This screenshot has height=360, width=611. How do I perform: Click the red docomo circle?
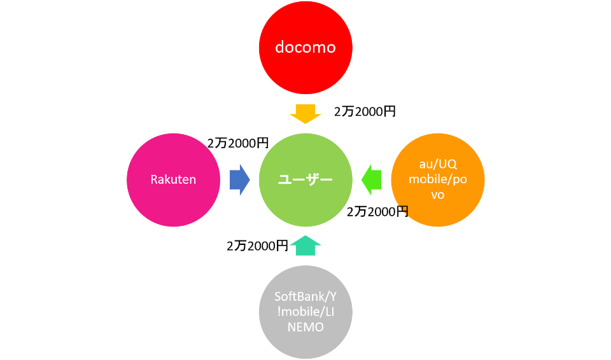[x=305, y=48]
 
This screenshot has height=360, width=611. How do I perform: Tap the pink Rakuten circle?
[x=173, y=179]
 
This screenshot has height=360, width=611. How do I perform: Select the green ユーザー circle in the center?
[x=305, y=179]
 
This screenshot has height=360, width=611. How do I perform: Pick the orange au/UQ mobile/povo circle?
[x=438, y=179]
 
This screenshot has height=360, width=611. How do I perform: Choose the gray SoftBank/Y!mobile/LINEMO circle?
[x=305, y=312]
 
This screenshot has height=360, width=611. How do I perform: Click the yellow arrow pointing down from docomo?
[x=305, y=114]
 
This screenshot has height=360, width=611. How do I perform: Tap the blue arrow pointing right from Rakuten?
[x=239, y=179]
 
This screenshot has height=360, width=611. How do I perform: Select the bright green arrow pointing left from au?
[x=372, y=179]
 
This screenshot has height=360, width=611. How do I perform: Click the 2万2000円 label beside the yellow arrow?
[x=365, y=111]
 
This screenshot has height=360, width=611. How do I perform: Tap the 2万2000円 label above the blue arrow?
[x=238, y=144]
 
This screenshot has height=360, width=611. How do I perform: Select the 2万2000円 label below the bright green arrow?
[x=377, y=212]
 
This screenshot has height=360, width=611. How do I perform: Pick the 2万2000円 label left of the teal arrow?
[x=257, y=246]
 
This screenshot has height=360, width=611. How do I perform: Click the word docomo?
[x=305, y=48]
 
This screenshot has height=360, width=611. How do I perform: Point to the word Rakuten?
[x=173, y=179]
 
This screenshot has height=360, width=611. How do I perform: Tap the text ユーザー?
[x=305, y=179]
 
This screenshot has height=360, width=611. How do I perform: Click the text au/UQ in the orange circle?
[x=438, y=164]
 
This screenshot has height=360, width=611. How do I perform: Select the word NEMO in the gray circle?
[x=305, y=328]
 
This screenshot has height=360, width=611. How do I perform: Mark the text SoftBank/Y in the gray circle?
[x=305, y=296]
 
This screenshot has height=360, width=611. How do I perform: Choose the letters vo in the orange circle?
[x=438, y=195]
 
